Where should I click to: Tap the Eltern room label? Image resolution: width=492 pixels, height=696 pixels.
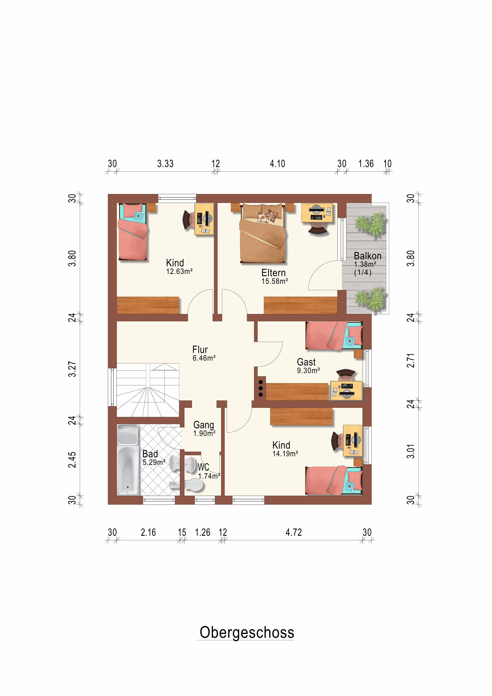coord(273,273)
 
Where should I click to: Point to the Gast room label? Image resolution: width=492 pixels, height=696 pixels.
coord(306,362)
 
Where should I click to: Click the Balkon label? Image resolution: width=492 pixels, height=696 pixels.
coord(367,256)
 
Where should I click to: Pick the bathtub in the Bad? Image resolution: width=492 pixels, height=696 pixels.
coord(128,459)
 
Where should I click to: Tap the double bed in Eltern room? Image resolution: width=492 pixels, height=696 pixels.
coord(263,233)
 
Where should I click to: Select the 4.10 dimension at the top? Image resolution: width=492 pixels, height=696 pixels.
coord(277,164)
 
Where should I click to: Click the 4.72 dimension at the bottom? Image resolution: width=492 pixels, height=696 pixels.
coord(293,532)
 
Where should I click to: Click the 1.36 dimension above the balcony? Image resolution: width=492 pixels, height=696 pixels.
coord(366,164)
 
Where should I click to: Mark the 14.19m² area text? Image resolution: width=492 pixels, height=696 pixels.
coord(285,454)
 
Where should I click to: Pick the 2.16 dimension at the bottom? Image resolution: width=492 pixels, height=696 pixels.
coord(148,532)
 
